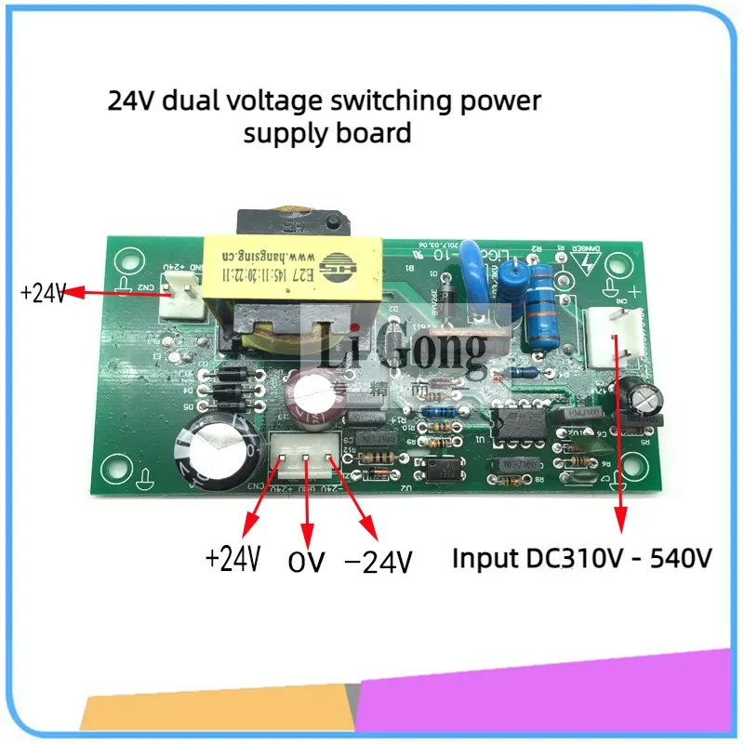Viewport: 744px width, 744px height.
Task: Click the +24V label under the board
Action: point(232,559)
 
